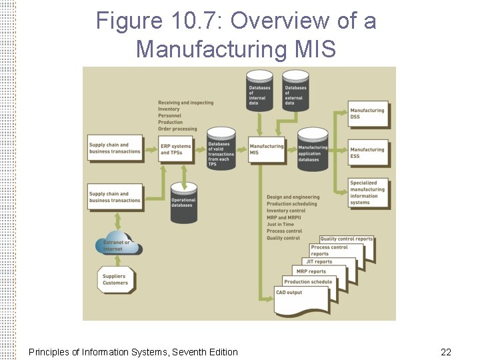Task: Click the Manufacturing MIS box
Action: pyautogui.click(x=267, y=149)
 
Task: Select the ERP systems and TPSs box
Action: pyautogui.click(x=176, y=149)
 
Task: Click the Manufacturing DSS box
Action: pyautogui.click(x=368, y=113)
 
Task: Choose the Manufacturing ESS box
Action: pyautogui.click(x=368, y=153)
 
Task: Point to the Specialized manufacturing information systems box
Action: pyautogui.click(x=368, y=193)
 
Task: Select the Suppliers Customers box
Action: pyautogui.click(x=116, y=279)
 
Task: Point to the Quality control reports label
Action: pyautogui.click(x=346, y=239)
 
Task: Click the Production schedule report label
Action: pyautogui.click(x=308, y=282)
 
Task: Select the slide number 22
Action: pyautogui.click(x=445, y=351)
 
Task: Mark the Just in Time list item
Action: pyautogui.click(x=280, y=225)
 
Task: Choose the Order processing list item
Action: pyautogui.click(x=177, y=129)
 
